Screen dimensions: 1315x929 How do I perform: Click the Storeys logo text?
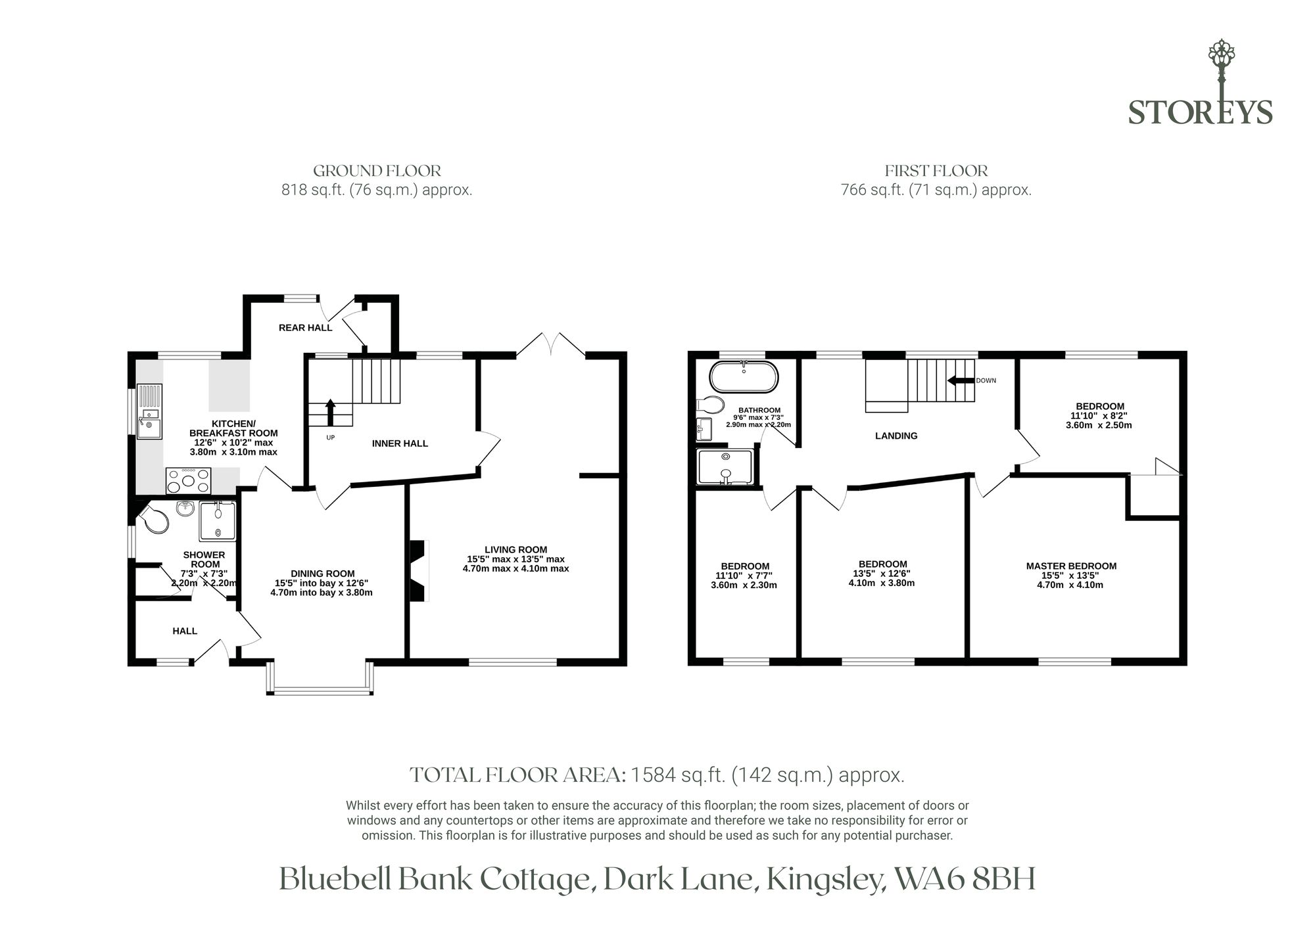1200,112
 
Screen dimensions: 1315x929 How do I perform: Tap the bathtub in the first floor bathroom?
744,376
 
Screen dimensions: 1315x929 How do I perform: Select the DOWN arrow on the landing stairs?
960,380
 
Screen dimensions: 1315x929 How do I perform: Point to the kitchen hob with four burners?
189,480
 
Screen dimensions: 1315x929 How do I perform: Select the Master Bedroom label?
1071,566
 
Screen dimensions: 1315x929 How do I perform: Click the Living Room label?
515,549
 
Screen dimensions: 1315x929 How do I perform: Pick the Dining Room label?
322,574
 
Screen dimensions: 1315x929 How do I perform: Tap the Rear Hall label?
305,327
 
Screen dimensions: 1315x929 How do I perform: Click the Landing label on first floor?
896,436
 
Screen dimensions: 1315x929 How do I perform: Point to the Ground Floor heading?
377,171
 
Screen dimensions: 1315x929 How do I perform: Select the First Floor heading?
936,171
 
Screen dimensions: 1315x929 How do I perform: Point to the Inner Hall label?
400,443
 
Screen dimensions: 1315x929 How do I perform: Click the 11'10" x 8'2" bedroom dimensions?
1099,415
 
